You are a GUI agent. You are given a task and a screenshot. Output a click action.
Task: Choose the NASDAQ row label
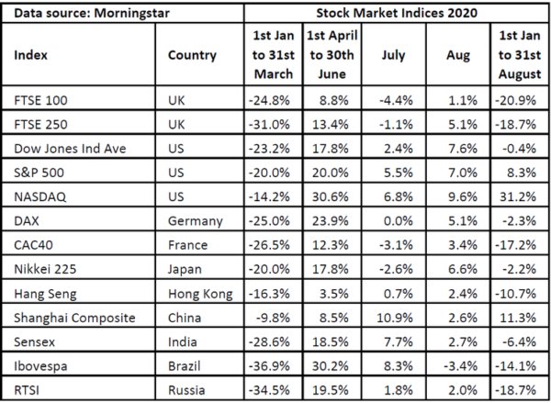point(39,195)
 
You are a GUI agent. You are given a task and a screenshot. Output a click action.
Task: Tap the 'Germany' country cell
point(196,219)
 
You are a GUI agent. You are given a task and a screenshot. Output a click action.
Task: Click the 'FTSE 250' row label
point(41,122)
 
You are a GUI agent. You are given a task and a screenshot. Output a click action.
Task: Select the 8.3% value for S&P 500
point(521,171)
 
